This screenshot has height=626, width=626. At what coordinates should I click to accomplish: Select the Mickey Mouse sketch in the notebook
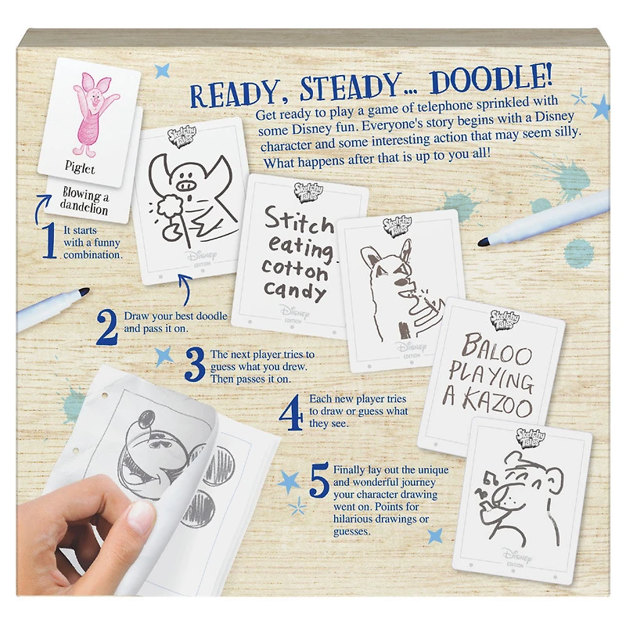pos(168,454)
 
